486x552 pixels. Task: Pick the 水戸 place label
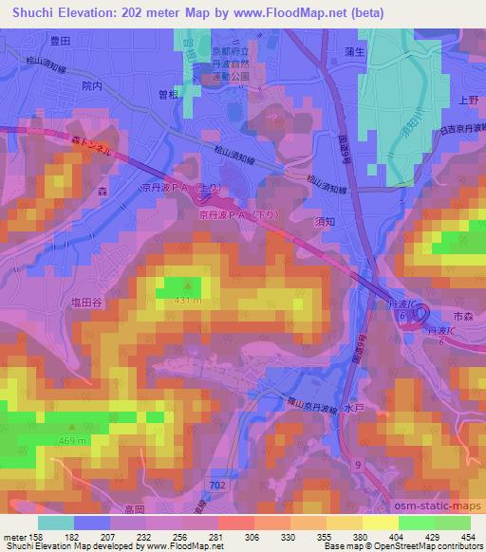click(x=354, y=409)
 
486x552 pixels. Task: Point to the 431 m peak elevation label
click(x=187, y=301)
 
